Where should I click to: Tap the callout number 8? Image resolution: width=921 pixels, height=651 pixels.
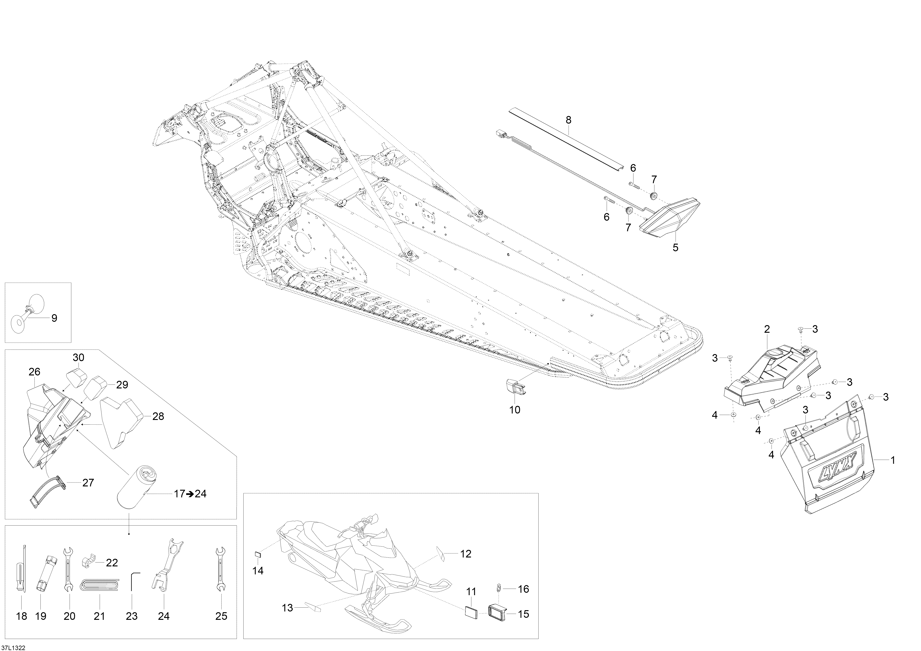point(568,120)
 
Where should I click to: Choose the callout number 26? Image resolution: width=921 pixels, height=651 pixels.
point(35,372)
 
